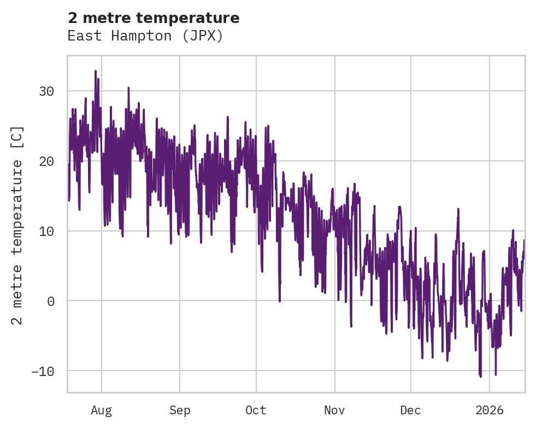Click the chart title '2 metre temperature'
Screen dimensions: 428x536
(x=154, y=18)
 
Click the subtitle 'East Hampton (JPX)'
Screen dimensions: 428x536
(x=145, y=36)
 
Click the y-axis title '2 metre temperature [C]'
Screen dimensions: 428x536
(x=17, y=225)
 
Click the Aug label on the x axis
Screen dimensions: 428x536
(x=102, y=410)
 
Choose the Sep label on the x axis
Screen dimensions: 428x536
(x=179, y=410)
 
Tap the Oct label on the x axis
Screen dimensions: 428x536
(x=256, y=410)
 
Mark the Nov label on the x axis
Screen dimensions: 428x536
(x=334, y=410)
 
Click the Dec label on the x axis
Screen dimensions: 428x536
(x=410, y=410)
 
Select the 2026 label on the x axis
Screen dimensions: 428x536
(x=490, y=410)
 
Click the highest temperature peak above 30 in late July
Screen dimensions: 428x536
(x=95, y=71)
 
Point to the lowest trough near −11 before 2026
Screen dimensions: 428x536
(x=480, y=377)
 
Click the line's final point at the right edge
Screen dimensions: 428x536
(x=524, y=240)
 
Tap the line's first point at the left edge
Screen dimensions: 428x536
(x=69, y=200)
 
